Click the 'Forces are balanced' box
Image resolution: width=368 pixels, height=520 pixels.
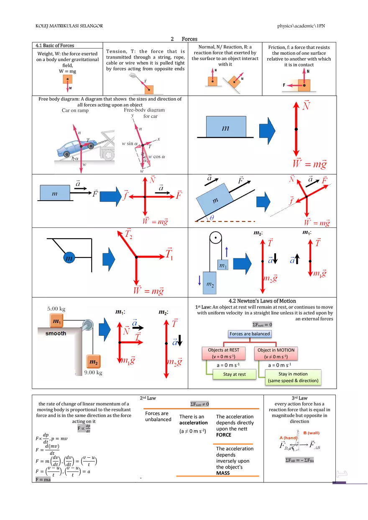point(250,334)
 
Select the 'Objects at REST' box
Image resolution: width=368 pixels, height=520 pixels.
point(223,353)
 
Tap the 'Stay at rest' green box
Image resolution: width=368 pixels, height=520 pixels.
point(234,375)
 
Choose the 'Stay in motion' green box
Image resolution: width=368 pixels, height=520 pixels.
point(293,377)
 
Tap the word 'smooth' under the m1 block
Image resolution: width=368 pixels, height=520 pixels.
point(56,334)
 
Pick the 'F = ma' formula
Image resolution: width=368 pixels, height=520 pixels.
point(42,479)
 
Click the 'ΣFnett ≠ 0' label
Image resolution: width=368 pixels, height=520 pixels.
point(200,404)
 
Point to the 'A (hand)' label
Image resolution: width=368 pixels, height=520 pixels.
point(288,438)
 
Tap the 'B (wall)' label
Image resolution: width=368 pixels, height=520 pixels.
point(312,433)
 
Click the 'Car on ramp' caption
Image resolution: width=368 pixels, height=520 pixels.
point(75,111)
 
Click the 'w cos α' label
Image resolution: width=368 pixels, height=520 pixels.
point(157,157)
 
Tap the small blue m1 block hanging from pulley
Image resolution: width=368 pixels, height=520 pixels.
point(222,265)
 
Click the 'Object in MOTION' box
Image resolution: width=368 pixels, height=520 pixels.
point(276,353)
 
